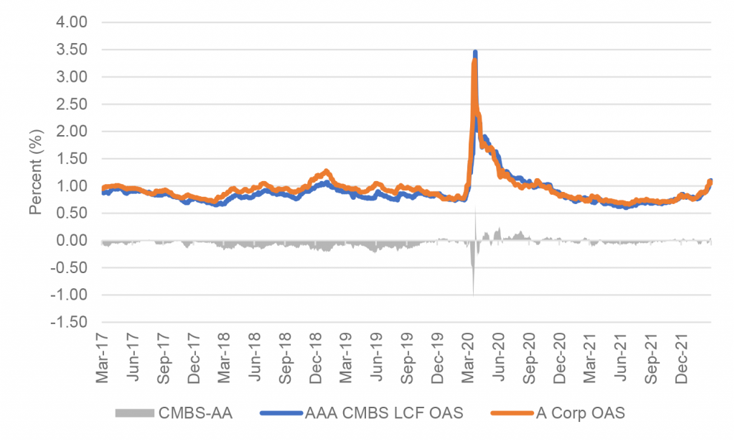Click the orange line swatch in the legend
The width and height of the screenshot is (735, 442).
(512, 413)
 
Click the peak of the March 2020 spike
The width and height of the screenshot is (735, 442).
(475, 52)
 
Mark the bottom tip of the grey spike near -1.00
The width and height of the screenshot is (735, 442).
(474, 294)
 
